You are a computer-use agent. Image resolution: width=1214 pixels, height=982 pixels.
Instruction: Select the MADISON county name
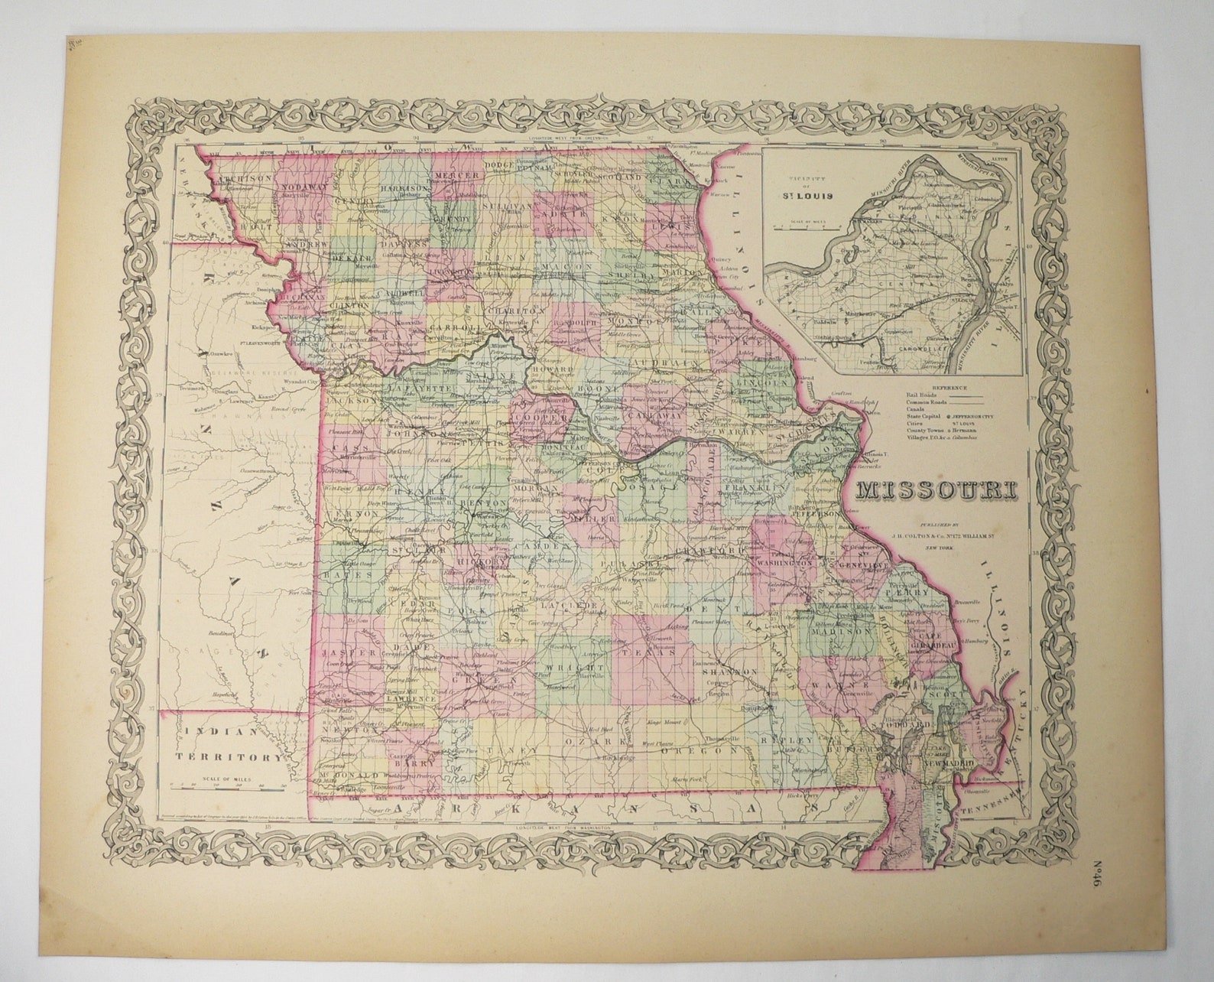coord(848,632)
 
